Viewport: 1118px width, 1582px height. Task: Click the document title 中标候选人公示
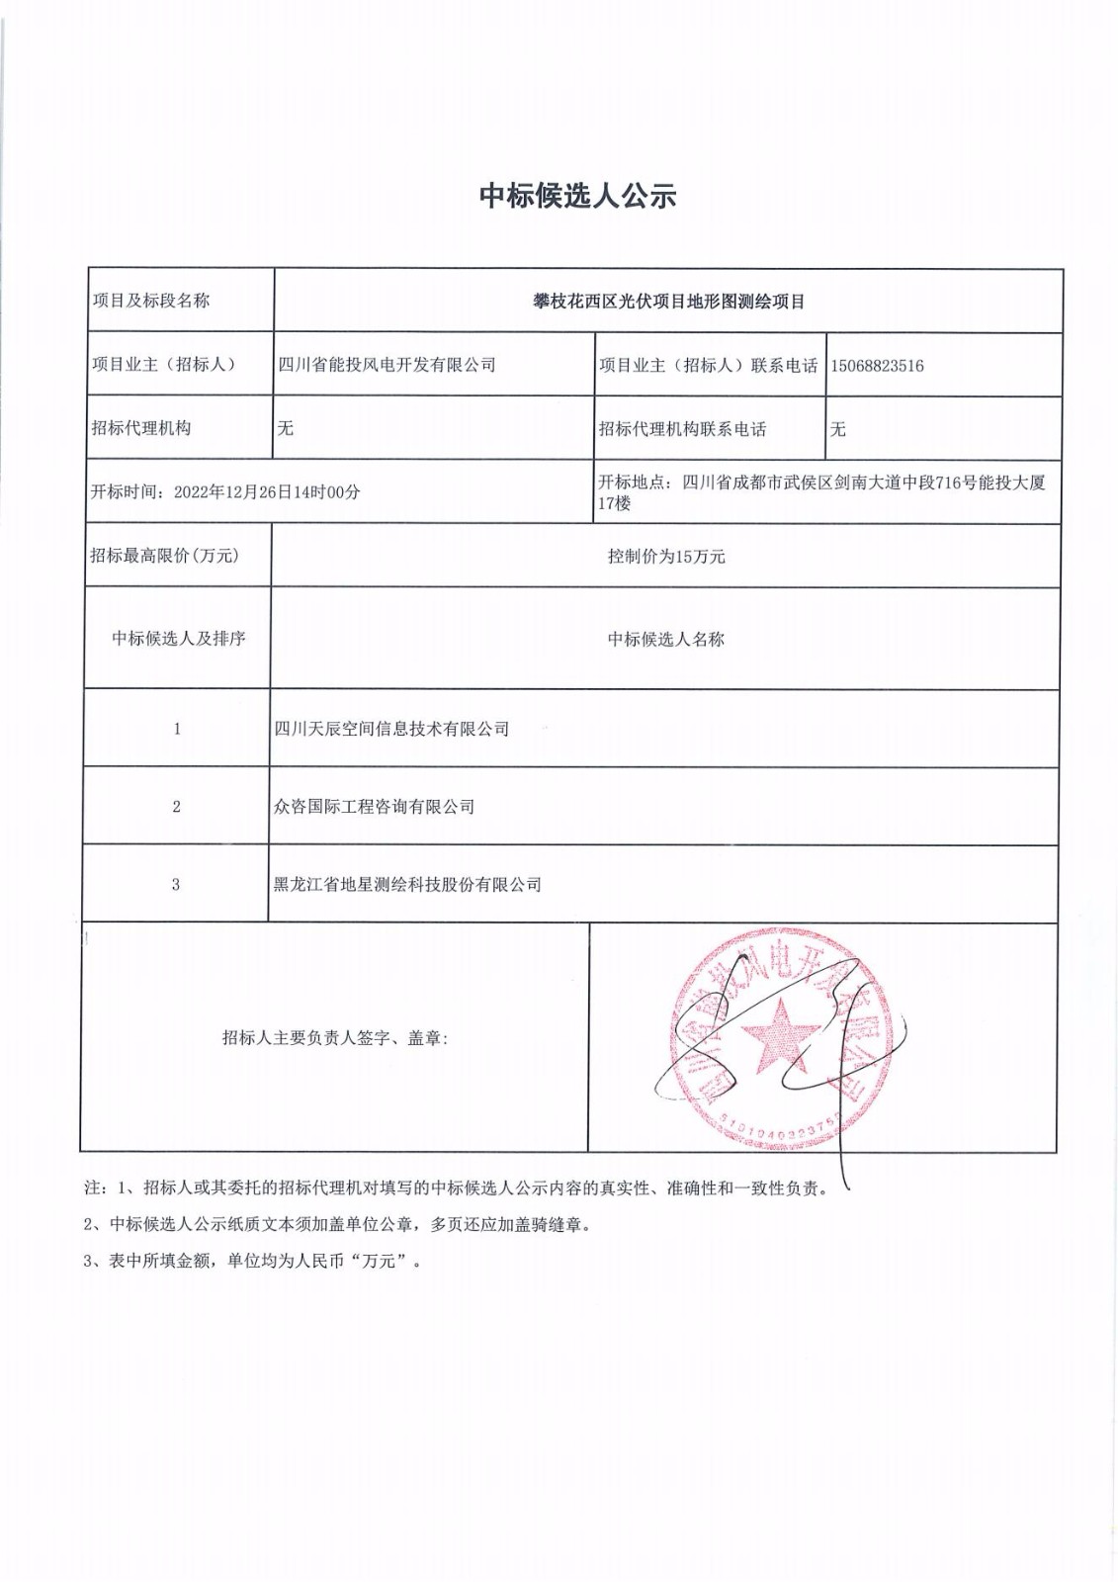coord(577,196)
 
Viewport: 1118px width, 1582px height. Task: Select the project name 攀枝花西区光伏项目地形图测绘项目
coord(668,302)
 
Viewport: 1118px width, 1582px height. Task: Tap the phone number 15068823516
coord(877,366)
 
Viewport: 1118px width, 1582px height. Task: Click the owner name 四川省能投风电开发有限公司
coord(387,365)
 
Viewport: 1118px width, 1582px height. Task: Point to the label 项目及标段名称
coord(150,301)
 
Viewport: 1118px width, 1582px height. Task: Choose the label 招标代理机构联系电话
coord(682,429)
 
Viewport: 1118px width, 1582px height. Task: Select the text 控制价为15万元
coord(665,557)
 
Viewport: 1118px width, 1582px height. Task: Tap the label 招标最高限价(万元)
coord(164,556)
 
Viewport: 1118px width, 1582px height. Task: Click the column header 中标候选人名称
coord(665,640)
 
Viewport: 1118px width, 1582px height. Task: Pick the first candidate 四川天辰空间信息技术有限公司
coord(391,729)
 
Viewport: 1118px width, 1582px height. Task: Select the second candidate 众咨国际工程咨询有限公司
coord(374,807)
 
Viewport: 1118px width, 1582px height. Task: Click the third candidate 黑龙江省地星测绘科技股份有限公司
coord(407,885)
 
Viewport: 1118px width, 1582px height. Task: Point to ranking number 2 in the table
coord(176,807)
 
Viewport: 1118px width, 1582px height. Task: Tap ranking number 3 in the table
coord(176,885)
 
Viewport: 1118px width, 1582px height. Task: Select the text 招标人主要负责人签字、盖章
coord(334,1038)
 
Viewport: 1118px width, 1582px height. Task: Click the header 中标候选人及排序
coord(178,639)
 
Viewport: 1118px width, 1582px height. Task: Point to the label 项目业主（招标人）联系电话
coord(708,366)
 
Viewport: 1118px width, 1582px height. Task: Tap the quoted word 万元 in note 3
coord(379,1262)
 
